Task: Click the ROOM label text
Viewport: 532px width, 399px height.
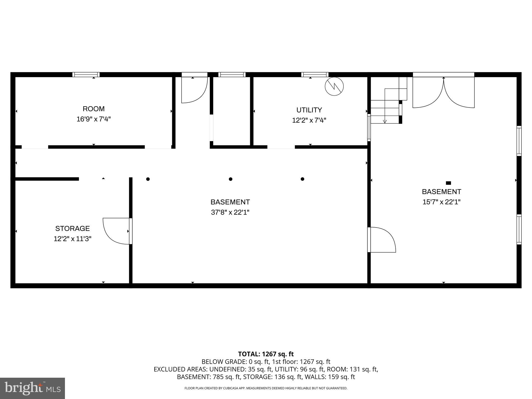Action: coord(94,109)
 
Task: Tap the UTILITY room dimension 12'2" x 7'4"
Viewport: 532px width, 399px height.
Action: coord(309,120)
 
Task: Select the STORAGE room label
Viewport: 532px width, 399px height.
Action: coord(72,229)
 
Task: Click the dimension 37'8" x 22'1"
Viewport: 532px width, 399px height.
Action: coord(230,212)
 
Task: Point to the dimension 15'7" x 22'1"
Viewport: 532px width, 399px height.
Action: coord(441,202)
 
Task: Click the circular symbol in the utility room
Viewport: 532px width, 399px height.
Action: coord(334,86)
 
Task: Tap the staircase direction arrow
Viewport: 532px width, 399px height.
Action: coord(385,121)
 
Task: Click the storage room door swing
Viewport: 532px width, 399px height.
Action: coord(116,231)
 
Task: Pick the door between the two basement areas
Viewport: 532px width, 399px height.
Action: coord(382,240)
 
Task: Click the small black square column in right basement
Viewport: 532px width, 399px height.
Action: coord(448,183)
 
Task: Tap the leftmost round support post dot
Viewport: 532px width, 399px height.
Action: coord(148,179)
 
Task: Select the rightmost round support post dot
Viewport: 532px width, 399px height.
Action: coord(302,179)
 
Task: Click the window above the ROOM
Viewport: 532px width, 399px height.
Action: coord(86,75)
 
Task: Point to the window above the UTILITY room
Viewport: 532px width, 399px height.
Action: coord(315,75)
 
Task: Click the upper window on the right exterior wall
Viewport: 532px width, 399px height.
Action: coord(519,141)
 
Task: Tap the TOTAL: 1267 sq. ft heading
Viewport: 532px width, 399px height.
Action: coord(266,354)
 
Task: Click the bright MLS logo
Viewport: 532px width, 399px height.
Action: coord(32,388)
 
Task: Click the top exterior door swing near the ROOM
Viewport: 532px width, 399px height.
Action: coord(194,90)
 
